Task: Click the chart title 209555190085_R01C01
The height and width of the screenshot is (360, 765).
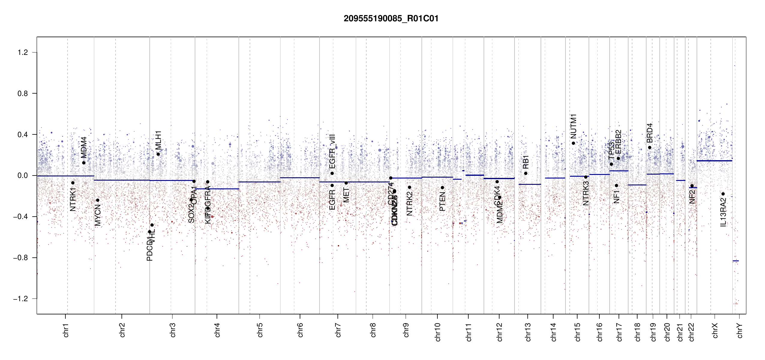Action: click(391, 19)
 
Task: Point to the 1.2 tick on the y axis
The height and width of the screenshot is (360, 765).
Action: click(23, 52)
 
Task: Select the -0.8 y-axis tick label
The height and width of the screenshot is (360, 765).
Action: click(20, 258)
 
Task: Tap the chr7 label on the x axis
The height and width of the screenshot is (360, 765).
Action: click(338, 330)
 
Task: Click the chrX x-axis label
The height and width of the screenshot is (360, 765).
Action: click(715, 330)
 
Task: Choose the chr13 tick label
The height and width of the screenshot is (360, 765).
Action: click(528, 332)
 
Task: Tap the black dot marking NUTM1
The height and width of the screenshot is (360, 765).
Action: click(573, 143)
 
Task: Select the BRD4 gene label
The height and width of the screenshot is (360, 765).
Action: click(649, 133)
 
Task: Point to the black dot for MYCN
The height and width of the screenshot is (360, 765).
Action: click(97, 200)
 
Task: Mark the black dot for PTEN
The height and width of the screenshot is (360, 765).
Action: click(442, 187)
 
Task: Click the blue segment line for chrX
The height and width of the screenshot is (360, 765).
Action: click(714, 161)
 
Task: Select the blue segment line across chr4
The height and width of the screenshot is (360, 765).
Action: click(217, 189)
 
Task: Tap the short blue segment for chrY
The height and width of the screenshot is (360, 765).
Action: click(736, 261)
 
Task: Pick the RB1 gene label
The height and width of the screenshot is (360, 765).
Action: click(526, 162)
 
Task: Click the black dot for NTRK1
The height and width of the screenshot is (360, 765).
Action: click(73, 183)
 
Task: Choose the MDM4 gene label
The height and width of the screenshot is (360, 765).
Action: click(84, 147)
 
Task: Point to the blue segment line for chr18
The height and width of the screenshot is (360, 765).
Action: click(637, 185)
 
